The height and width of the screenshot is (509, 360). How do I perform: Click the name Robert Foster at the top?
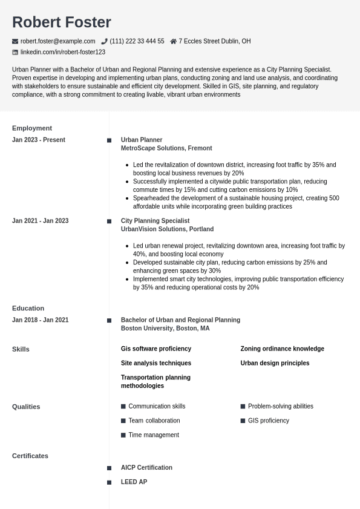click(61, 22)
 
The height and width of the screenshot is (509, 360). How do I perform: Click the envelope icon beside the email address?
click(15, 41)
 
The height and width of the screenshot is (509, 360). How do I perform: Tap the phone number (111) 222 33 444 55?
click(137, 41)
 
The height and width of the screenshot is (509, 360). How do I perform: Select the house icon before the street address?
click(173, 41)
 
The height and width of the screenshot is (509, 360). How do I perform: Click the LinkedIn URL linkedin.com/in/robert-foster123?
click(62, 52)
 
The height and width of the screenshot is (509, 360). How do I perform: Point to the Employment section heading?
click(32, 128)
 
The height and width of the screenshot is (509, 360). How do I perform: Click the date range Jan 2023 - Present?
click(39, 140)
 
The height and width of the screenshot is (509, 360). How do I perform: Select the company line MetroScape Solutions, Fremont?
click(166, 148)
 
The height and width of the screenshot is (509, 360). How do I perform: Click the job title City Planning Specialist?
click(155, 221)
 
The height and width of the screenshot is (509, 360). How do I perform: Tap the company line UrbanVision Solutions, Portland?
click(167, 229)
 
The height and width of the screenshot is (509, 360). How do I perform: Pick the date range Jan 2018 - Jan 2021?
click(40, 320)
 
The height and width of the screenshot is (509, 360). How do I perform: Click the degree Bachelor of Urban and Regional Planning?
click(180, 320)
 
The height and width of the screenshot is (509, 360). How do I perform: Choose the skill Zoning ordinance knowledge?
click(282, 349)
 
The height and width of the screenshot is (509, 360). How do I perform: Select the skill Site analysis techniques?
click(156, 363)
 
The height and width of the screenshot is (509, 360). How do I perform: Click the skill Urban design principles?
click(275, 363)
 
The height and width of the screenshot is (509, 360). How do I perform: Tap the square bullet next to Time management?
click(123, 435)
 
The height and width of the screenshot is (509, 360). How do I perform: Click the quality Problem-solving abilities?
click(280, 406)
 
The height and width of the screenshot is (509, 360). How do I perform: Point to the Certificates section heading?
click(30, 456)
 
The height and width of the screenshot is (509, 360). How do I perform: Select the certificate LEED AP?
click(134, 482)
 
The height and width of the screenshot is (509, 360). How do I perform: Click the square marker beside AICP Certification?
click(110, 468)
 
